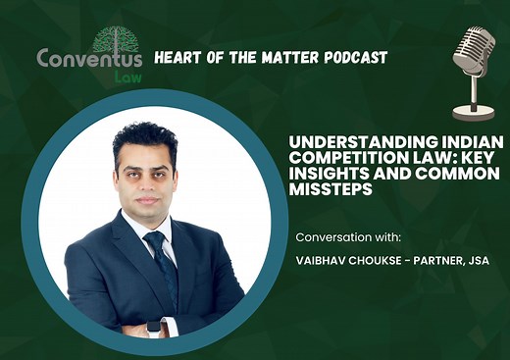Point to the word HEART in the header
[179, 58]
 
